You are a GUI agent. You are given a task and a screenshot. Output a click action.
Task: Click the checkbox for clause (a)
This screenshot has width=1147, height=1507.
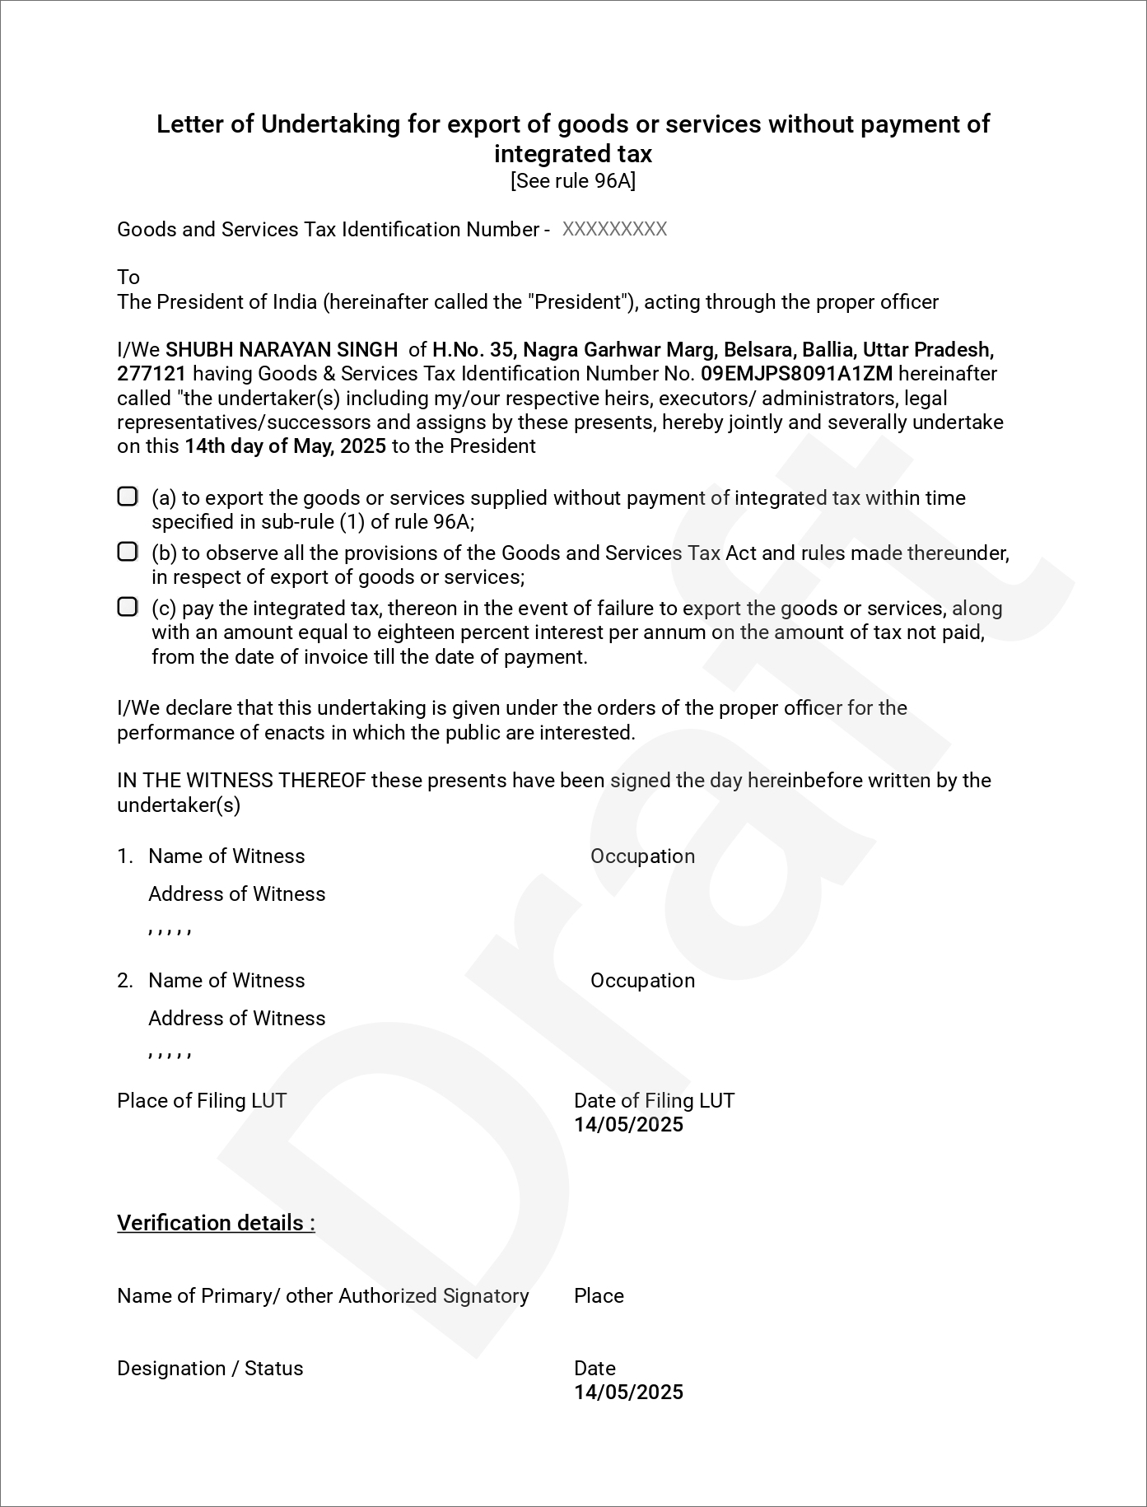click(127, 497)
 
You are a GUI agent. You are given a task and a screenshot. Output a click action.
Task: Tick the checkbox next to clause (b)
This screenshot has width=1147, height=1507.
click(127, 552)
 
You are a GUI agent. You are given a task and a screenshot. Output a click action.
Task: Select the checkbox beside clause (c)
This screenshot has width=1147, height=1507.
click(127, 607)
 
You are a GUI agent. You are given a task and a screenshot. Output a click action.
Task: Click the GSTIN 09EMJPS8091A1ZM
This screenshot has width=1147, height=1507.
click(796, 374)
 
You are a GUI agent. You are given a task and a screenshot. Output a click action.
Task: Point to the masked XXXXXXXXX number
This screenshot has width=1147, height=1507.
click(614, 230)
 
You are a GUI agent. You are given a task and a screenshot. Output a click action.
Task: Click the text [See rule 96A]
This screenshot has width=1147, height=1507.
click(573, 181)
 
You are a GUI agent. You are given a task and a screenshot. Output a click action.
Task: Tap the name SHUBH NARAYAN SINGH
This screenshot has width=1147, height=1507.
click(282, 350)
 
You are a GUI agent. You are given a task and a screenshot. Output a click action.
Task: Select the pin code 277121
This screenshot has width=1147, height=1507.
click(152, 374)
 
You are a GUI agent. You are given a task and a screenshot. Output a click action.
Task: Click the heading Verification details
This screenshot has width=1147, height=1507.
click(216, 1223)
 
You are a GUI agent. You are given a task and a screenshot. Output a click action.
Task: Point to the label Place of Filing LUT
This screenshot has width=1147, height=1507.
click(202, 1101)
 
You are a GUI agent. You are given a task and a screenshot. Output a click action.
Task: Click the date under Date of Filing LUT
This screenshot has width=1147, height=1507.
click(628, 1125)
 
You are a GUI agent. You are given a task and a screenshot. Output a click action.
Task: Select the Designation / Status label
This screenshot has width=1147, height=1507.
click(210, 1369)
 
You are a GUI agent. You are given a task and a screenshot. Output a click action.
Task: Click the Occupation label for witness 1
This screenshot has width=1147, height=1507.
click(642, 856)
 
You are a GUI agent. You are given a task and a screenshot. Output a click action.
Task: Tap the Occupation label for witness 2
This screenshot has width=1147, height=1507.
click(642, 981)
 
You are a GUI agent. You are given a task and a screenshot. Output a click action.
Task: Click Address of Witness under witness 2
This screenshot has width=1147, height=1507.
click(236, 1019)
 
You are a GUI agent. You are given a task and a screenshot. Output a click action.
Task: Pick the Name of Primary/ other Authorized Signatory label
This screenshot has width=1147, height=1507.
click(323, 1296)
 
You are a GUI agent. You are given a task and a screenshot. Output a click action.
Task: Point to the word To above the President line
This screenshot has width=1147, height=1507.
click(128, 277)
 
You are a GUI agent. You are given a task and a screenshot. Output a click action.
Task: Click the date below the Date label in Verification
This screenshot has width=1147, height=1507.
click(628, 1393)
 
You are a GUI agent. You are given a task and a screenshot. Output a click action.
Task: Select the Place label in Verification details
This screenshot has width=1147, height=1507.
click(599, 1296)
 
